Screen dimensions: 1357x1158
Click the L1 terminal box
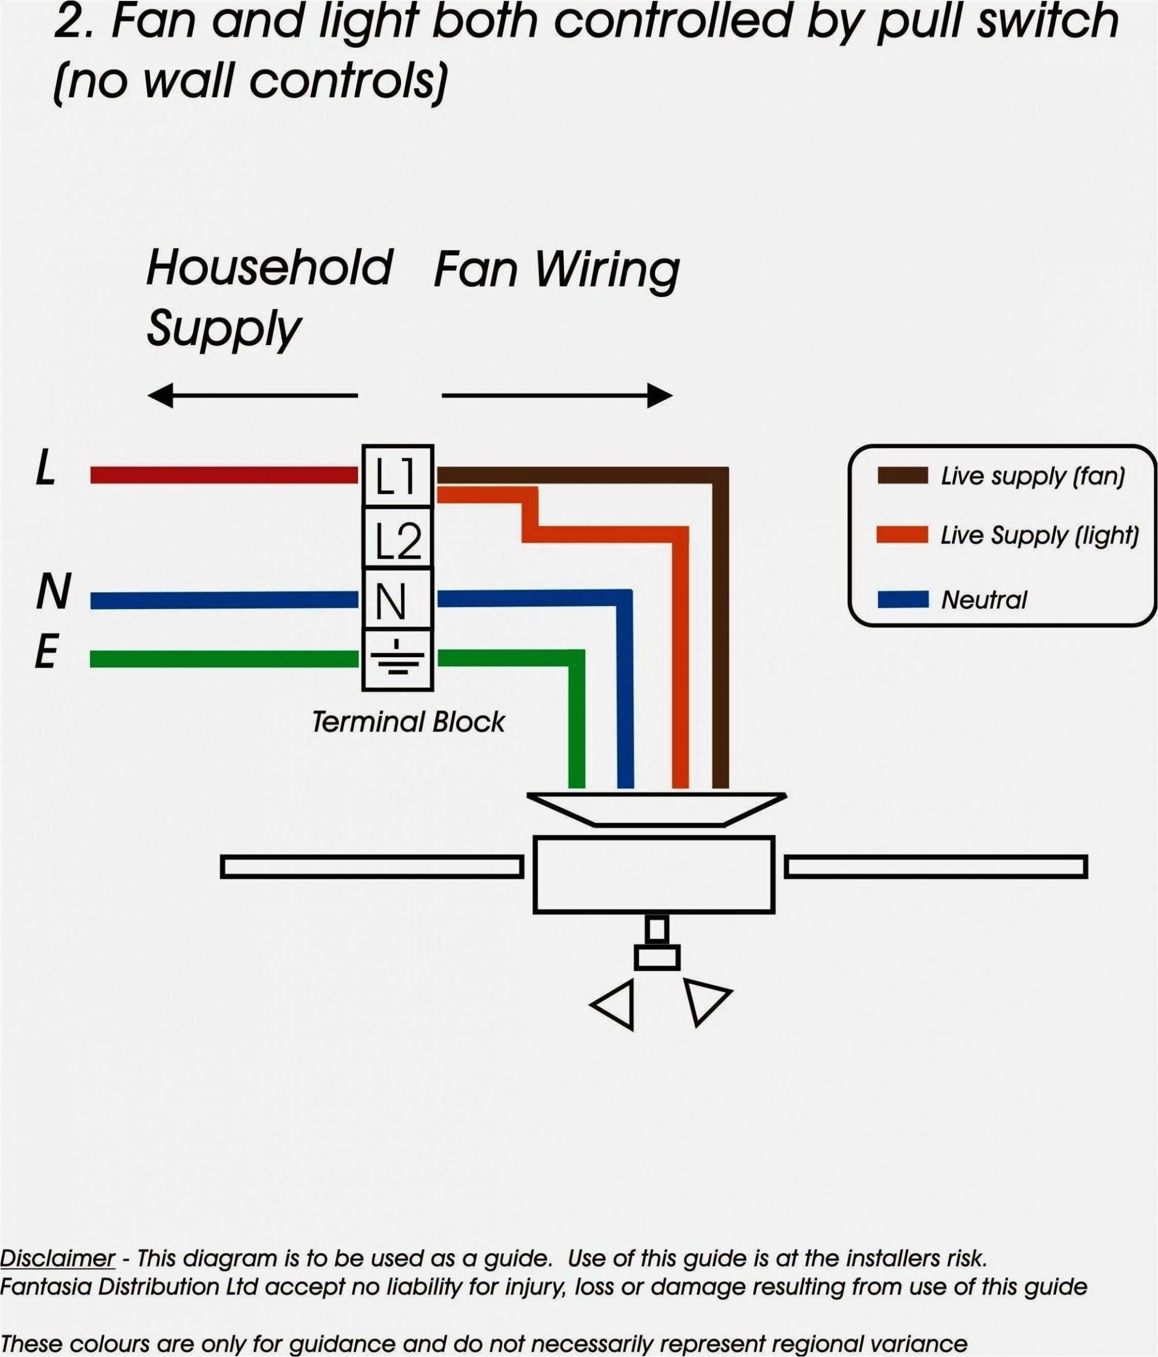pyautogui.click(x=397, y=476)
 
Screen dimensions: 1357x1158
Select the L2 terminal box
pyautogui.click(x=397, y=537)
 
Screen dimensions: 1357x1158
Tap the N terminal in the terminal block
pyautogui.click(x=397, y=600)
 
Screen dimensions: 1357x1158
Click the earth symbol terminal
pyautogui.click(x=397, y=659)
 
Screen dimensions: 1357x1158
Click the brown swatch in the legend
pyautogui.click(x=902, y=475)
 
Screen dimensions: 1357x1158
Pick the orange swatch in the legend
pyautogui.click(x=902, y=534)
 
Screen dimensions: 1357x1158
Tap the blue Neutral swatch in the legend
pyautogui.click(x=902, y=598)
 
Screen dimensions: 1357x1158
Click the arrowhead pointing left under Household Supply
pyautogui.click(x=161, y=395)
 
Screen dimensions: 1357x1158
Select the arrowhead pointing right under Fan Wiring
pyautogui.click(x=660, y=395)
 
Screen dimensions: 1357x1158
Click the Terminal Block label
pyautogui.click(x=408, y=722)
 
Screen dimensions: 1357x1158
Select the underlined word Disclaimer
pyautogui.click(x=58, y=1257)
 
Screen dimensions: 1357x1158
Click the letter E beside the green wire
pyautogui.click(x=47, y=653)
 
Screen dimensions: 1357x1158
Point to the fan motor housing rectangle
pyautogui.click(x=653, y=874)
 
